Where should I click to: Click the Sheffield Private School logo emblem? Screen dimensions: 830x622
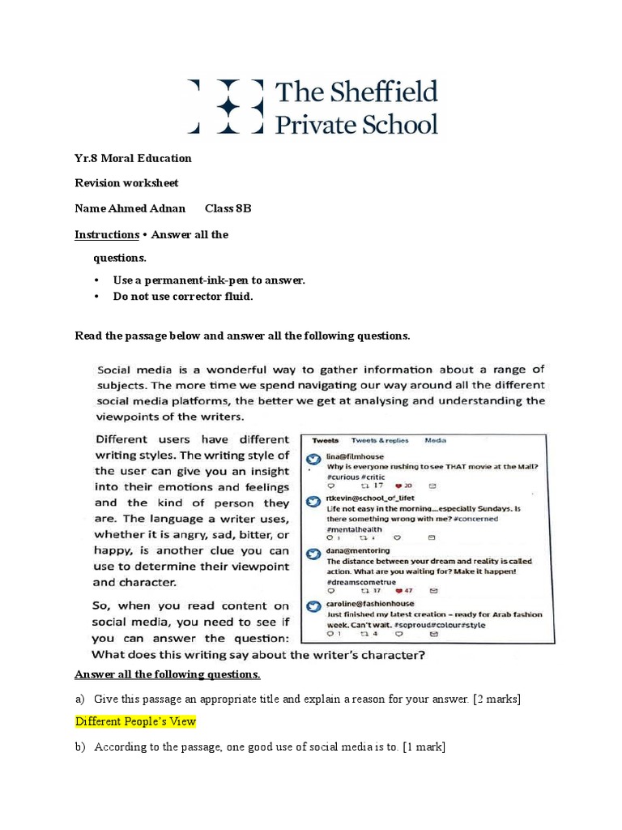(x=226, y=106)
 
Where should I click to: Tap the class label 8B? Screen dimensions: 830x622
(x=243, y=208)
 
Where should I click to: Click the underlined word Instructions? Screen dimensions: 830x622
(x=107, y=234)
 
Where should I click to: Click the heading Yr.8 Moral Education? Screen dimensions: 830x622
(x=133, y=157)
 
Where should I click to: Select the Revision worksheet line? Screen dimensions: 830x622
(x=126, y=182)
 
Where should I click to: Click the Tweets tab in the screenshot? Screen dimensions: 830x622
(x=326, y=440)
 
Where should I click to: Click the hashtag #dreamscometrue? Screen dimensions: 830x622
(x=360, y=582)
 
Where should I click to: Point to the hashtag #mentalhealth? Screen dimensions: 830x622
(x=354, y=528)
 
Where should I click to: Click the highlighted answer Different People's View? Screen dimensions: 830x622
(x=135, y=721)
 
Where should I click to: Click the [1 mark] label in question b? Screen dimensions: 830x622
(x=423, y=747)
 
